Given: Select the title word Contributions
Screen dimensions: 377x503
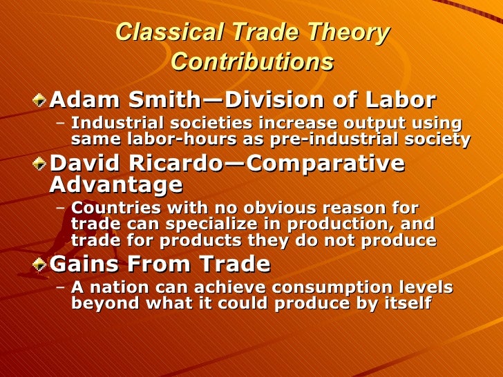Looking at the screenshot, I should point(251,62).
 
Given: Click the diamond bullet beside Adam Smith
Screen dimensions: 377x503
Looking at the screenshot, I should point(42,101).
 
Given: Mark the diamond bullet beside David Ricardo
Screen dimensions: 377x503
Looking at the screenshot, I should point(42,164).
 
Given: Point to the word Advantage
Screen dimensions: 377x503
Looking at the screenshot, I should point(117,185).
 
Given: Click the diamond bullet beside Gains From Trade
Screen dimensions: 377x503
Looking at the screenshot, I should point(42,265).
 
